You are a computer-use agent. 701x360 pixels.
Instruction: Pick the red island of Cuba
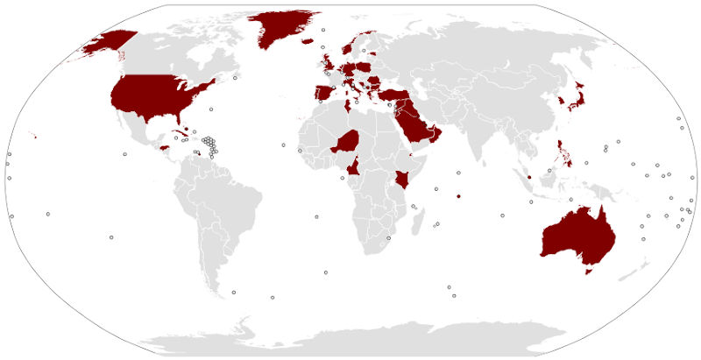pyautogui.click(x=180, y=133)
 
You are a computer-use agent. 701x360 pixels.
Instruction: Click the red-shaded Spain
pyautogui.click(x=322, y=93)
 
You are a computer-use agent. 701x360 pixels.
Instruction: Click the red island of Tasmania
pyautogui.click(x=589, y=272)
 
